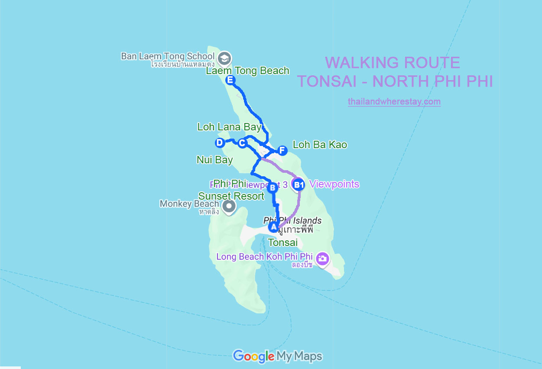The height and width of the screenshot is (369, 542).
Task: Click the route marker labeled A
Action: coord(273,227)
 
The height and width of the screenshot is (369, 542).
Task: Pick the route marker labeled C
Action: coord(242,142)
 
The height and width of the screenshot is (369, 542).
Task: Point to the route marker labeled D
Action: coord(220,142)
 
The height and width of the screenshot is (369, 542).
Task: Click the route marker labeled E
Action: coord(230,80)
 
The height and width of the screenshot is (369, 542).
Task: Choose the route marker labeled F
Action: coord(282,150)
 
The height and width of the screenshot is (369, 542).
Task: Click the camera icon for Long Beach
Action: coord(322,259)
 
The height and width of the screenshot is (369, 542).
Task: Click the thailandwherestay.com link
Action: coord(394,102)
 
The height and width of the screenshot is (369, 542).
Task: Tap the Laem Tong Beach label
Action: coord(247,71)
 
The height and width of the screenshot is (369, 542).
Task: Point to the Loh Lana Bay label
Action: coord(229,127)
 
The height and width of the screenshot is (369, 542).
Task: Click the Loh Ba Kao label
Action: coord(320,145)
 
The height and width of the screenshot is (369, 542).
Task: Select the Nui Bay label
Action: coord(214,160)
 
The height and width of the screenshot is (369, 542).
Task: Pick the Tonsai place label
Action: coord(282,242)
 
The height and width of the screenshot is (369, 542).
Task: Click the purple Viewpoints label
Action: coord(334,184)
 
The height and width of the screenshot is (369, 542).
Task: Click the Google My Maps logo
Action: coord(277,356)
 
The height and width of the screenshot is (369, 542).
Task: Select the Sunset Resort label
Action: coord(231,196)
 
